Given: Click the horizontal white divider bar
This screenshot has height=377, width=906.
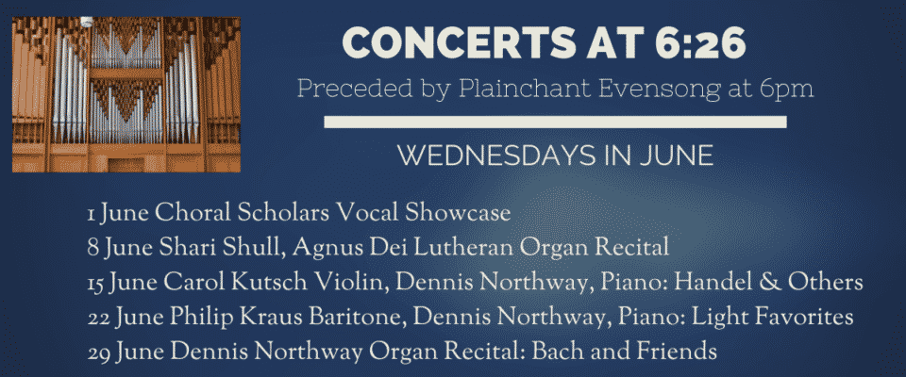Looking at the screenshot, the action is (x=555, y=122).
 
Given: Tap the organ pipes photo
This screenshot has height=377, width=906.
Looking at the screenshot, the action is (x=126, y=94).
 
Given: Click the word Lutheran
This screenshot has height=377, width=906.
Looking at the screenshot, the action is (x=466, y=248).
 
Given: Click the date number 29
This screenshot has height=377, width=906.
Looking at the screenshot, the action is (x=99, y=352).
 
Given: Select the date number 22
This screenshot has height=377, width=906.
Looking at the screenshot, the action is (x=99, y=319).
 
